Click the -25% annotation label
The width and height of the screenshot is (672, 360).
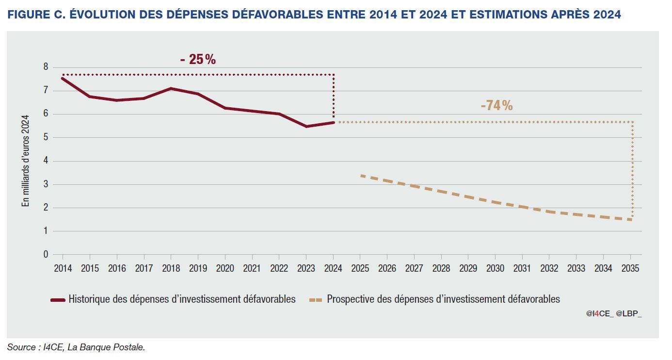(198, 60)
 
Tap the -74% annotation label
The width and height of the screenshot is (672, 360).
(496, 105)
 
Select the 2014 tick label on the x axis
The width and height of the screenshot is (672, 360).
(63, 268)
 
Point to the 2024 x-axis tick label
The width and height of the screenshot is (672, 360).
(333, 268)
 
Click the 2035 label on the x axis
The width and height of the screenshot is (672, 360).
(630, 268)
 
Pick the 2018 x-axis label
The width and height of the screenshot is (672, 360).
(171, 268)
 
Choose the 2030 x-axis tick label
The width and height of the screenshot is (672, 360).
(495, 268)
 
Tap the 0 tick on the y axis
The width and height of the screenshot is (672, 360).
(46, 254)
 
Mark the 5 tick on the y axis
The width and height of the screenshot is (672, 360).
(46, 137)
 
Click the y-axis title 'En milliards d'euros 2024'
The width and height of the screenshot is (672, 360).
(26, 161)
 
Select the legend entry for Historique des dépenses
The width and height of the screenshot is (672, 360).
(182, 299)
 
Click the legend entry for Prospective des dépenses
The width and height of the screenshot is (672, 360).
(443, 299)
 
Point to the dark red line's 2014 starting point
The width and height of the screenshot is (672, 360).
(63, 78)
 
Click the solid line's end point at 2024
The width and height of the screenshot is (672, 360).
(333, 122)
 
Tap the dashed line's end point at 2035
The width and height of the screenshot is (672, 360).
(630, 220)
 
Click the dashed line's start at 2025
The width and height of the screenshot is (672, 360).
(361, 175)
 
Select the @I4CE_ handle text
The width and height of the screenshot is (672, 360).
(599, 314)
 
